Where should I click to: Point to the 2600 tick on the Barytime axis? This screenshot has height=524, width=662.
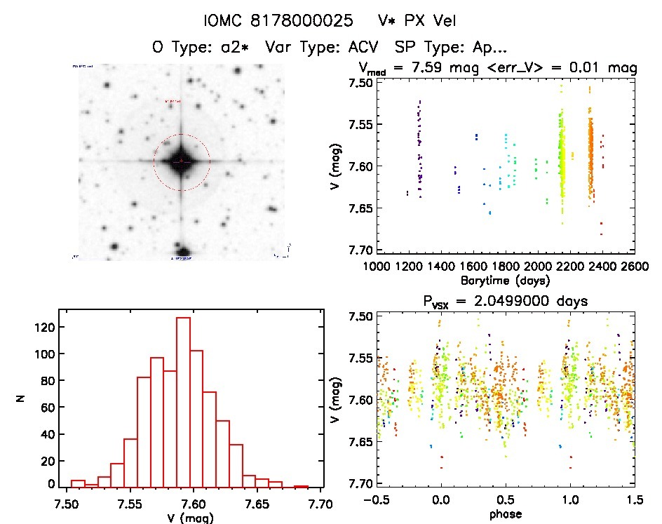(x=634, y=267)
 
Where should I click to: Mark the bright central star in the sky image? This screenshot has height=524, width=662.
(x=181, y=161)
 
